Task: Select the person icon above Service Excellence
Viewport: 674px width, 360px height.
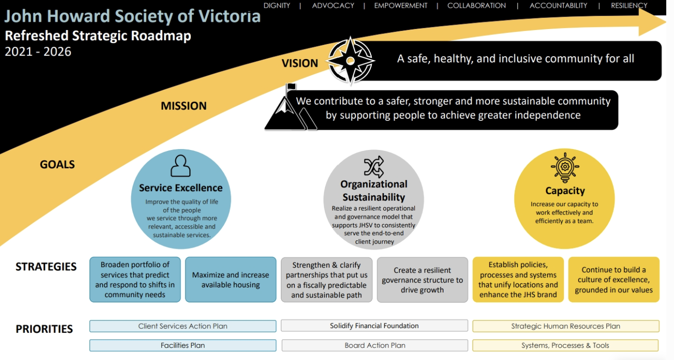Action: click(x=181, y=166)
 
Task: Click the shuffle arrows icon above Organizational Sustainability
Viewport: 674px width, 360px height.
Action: click(x=373, y=167)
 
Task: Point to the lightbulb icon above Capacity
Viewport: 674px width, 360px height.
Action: click(x=565, y=167)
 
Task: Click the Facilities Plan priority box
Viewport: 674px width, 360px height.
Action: click(x=183, y=345)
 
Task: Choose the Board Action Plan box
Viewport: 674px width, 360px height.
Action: click(x=375, y=345)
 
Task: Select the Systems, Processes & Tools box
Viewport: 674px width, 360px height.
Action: click(x=565, y=345)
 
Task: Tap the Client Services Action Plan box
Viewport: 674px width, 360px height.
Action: click(x=183, y=326)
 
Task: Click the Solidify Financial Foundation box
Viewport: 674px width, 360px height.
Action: click(x=374, y=326)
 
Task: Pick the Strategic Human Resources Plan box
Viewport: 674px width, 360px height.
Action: click(x=566, y=326)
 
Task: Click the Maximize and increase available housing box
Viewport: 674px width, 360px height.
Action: click(x=230, y=280)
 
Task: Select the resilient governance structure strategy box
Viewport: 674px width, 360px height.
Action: click(x=422, y=280)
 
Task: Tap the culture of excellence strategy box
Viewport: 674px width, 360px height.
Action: click(x=613, y=280)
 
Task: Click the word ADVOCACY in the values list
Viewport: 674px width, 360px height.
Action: click(x=333, y=6)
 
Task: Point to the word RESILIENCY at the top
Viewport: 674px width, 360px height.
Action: click(x=629, y=6)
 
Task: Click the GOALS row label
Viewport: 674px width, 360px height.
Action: click(x=57, y=165)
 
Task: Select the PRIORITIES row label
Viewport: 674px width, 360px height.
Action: click(x=44, y=329)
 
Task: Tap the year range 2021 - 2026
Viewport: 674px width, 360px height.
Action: click(x=38, y=52)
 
